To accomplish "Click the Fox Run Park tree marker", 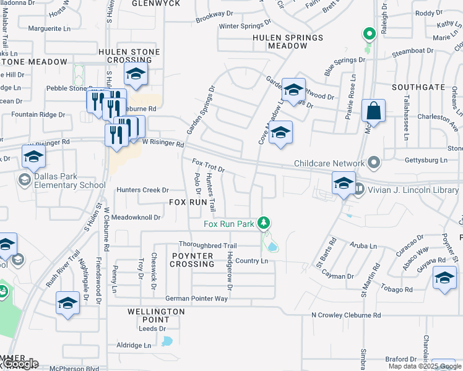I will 264,222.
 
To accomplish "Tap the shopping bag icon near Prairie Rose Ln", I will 373,111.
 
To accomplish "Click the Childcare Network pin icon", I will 373,163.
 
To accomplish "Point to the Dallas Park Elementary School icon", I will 25,180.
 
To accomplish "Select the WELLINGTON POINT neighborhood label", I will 156,315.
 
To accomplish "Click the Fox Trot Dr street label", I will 208,165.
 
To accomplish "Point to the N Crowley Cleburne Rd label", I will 345,315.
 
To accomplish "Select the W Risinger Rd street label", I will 163,145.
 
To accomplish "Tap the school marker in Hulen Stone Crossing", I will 136,75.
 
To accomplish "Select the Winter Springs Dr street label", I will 246,26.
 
